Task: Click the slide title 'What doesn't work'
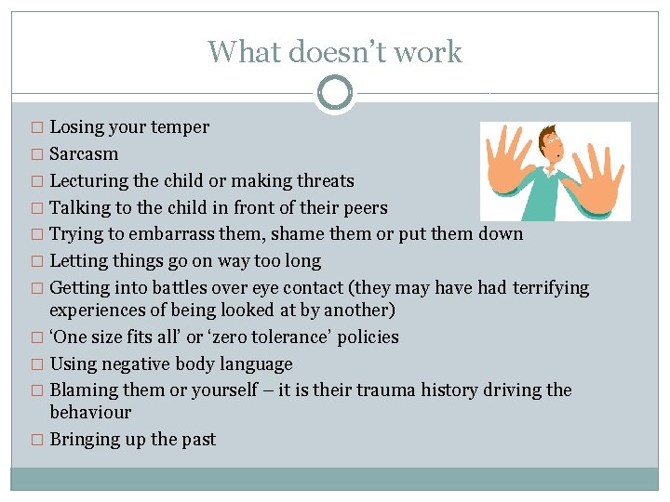335,51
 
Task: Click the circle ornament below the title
335,94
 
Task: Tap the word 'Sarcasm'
84,153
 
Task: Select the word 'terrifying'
548,288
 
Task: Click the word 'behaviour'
90,412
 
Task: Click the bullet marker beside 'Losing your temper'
37,128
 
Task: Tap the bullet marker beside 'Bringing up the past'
37,440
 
